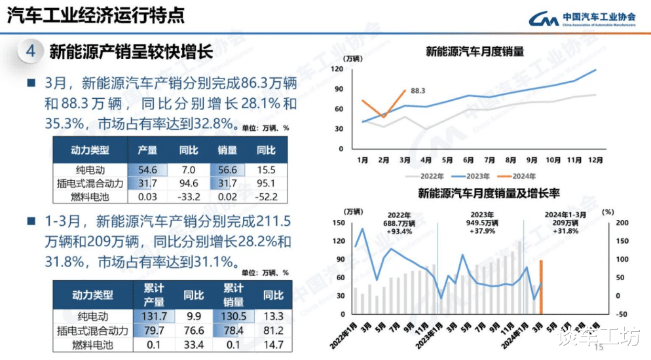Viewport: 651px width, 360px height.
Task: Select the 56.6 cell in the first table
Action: (x=227, y=170)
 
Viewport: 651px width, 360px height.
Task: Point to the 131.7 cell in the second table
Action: (x=155, y=316)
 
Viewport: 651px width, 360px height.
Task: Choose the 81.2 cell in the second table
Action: (x=273, y=330)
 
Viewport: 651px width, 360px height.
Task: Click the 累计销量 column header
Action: (x=234, y=295)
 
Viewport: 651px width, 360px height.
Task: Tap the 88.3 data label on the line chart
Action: (x=418, y=91)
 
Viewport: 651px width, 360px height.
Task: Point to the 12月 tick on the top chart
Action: (x=595, y=160)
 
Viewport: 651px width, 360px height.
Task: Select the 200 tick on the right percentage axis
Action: (x=622, y=223)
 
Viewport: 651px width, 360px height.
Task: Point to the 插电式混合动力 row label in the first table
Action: (x=90, y=183)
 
